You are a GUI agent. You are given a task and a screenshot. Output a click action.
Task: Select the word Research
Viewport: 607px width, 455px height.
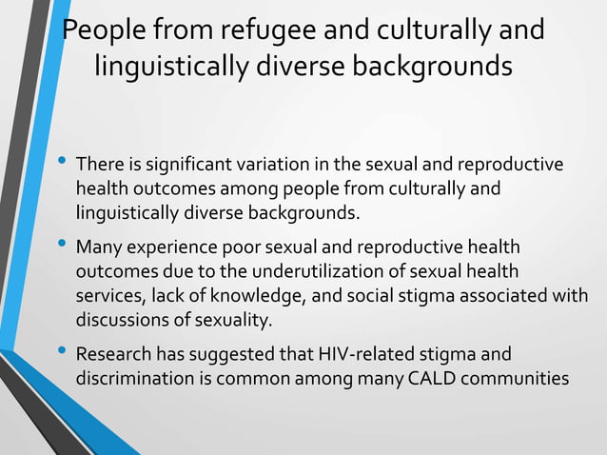(113, 356)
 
